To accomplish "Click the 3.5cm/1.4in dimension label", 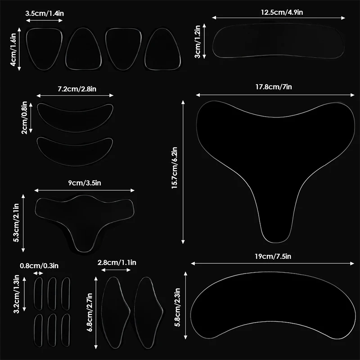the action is click(x=45, y=13).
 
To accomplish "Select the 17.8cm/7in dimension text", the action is click(x=274, y=87).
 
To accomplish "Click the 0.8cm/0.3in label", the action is click(x=39, y=266).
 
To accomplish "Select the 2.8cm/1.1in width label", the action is click(x=117, y=262).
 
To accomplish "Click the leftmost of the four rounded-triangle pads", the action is click(x=44, y=49).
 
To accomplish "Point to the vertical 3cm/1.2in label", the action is click(x=197, y=42).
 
